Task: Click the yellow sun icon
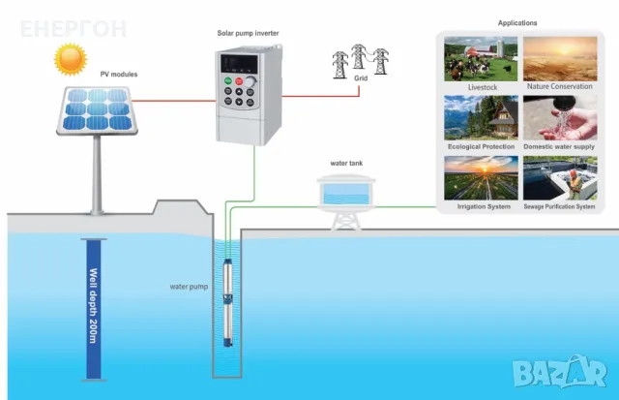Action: [70, 61]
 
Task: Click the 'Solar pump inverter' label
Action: [247, 33]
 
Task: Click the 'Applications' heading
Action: [516, 22]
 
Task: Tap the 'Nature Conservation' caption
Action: [559, 86]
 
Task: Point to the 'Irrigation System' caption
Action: [480, 206]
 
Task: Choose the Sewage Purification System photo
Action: [559, 177]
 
